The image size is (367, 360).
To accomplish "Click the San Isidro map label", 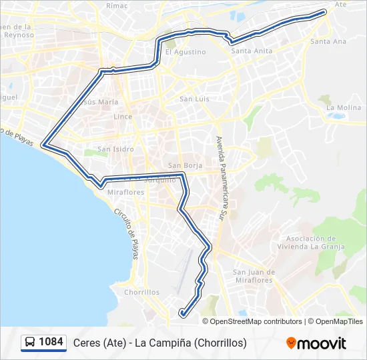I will tap(115, 149).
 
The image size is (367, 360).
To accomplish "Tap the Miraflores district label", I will tap(125, 192).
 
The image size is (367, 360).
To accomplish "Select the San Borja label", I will tap(184, 165).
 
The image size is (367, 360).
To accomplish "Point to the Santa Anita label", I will tap(251, 50).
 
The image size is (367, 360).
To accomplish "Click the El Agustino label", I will tap(186, 51).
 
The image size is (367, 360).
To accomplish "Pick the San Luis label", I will tap(195, 99).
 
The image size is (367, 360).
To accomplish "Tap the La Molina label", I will tap(344, 107).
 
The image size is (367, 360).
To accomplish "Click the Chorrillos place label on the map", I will tap(141, 292).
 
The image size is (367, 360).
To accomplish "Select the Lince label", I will tap(123, 117).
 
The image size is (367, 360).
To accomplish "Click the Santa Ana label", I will tap(328, 41).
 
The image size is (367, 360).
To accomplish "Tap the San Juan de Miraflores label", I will tap(254, 276).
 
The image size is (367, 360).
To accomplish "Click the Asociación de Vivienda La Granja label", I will tap(315, 242).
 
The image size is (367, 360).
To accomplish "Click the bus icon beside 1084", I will tap(30, 343).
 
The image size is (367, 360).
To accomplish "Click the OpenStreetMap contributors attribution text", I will tap(256, 321).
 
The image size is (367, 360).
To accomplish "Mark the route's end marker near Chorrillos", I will tap(182, 312).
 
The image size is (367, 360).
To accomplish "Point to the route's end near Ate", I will tap(324, 11).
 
